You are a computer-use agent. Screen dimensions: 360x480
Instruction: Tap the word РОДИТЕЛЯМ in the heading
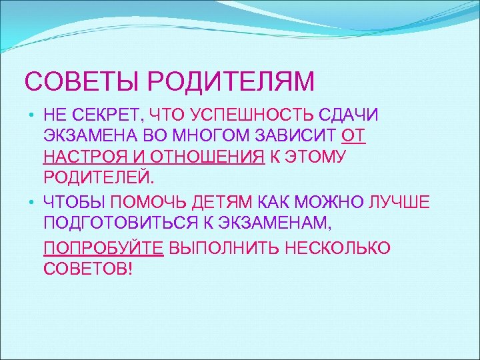(x=231, y=82)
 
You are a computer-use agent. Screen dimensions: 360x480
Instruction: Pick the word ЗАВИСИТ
(x=293, y=136)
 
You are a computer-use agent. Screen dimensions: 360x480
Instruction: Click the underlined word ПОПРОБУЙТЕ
(x=103, y=249)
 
